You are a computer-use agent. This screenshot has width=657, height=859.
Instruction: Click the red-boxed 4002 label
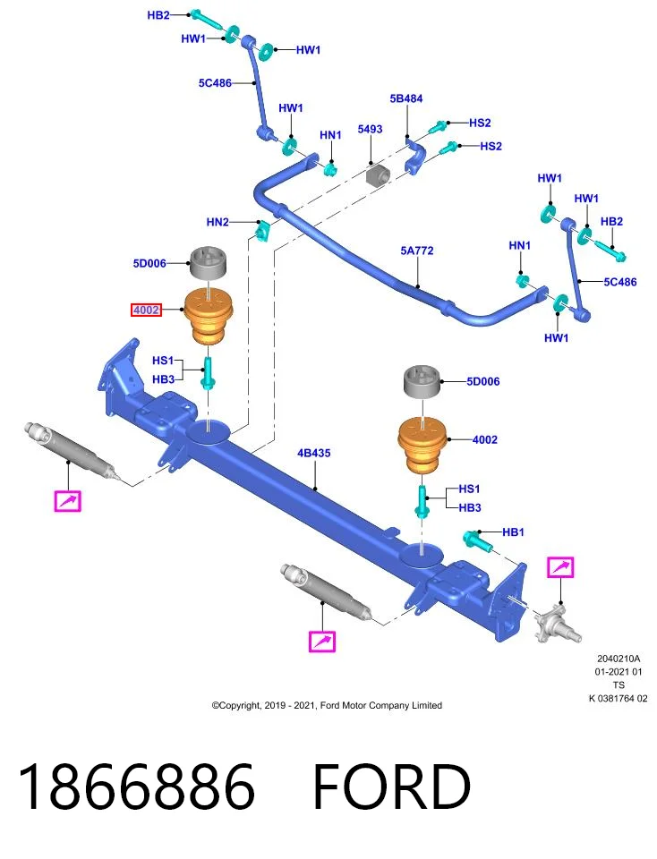pyautogui.click(x=146, y=310)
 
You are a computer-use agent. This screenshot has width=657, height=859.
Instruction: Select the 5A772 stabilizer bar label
pyautogui.click(x=416, y=251)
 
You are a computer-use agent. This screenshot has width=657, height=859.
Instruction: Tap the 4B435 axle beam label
pyautogui.click(x=314, y=453)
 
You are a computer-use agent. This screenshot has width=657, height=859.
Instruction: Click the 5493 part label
pyautogui.click(x=370, y=129)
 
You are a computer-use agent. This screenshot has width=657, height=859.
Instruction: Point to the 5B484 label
pyautogui.click(x=406, y=98)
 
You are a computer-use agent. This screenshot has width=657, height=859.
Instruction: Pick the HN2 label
pyautogui.click(x=218, y=222)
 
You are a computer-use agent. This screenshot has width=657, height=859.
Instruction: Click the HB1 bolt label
pyautogui.click(x=513, y=532)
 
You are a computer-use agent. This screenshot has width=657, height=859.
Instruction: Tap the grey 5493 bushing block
pyautogui.click(x=378, y=174)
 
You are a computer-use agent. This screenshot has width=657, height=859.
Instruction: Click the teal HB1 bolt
pyautogui.click(x=478, y=541)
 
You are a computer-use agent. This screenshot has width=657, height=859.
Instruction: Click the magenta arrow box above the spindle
pyautogui.click(x=560, y=567)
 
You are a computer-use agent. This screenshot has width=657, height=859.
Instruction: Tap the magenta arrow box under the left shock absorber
pyautogui.click(x=68, y=501)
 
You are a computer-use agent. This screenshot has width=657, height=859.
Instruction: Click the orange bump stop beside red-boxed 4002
pyautogui.click(x=209, y=317)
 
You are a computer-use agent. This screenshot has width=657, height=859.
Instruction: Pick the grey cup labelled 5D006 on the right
pyautogui.click(x=422, y=381)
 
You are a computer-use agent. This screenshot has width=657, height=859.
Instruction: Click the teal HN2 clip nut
pyautogui.click(x=263, y=231)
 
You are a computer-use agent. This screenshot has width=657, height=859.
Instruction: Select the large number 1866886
pyautogui.click(x=136, y=787)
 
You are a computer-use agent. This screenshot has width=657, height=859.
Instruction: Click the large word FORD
pyautogui.click(x=392, y=787)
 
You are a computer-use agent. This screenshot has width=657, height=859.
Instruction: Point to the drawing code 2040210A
pyautogui.click(x=619, y=659)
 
